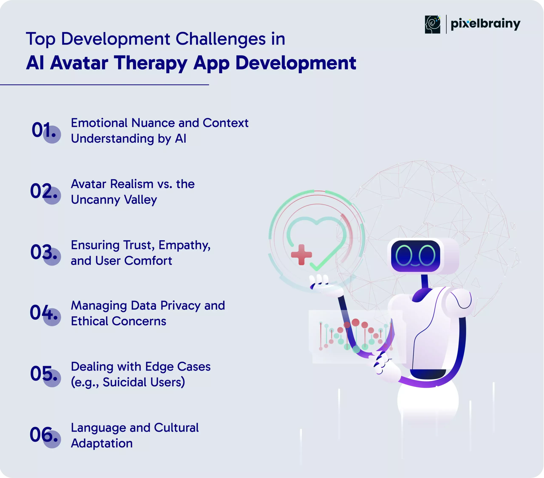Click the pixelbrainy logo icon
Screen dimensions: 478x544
pyautogui.click(x=432, y=24)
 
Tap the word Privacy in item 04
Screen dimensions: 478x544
pyautogui.click(x=180, y=306)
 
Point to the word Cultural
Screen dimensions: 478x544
pyautogui.click(x=176, y=428)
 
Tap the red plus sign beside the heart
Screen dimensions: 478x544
pyautogui.click(x=301, y=255)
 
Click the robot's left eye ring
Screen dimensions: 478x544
pyautogui.click(x=404, y=255)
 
